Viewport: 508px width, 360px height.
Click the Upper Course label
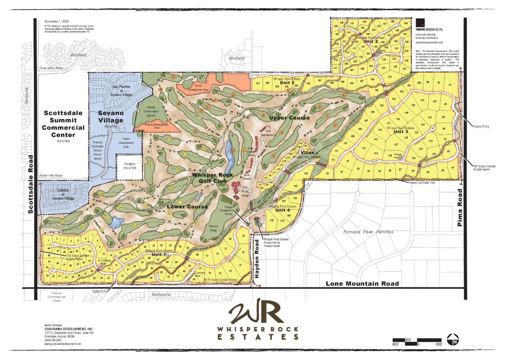coord(289,118)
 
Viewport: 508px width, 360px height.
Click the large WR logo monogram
coord(254,315)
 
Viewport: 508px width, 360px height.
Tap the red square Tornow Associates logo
coord(420,23)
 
